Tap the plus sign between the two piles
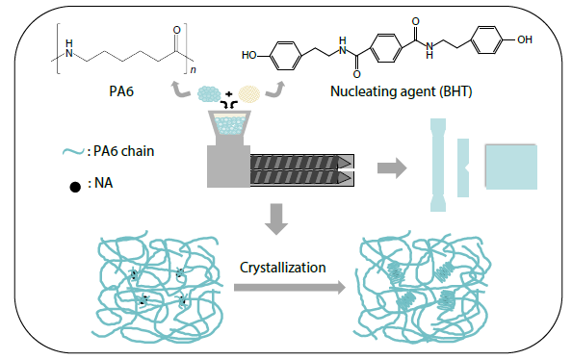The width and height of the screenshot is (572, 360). point(230,96)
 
